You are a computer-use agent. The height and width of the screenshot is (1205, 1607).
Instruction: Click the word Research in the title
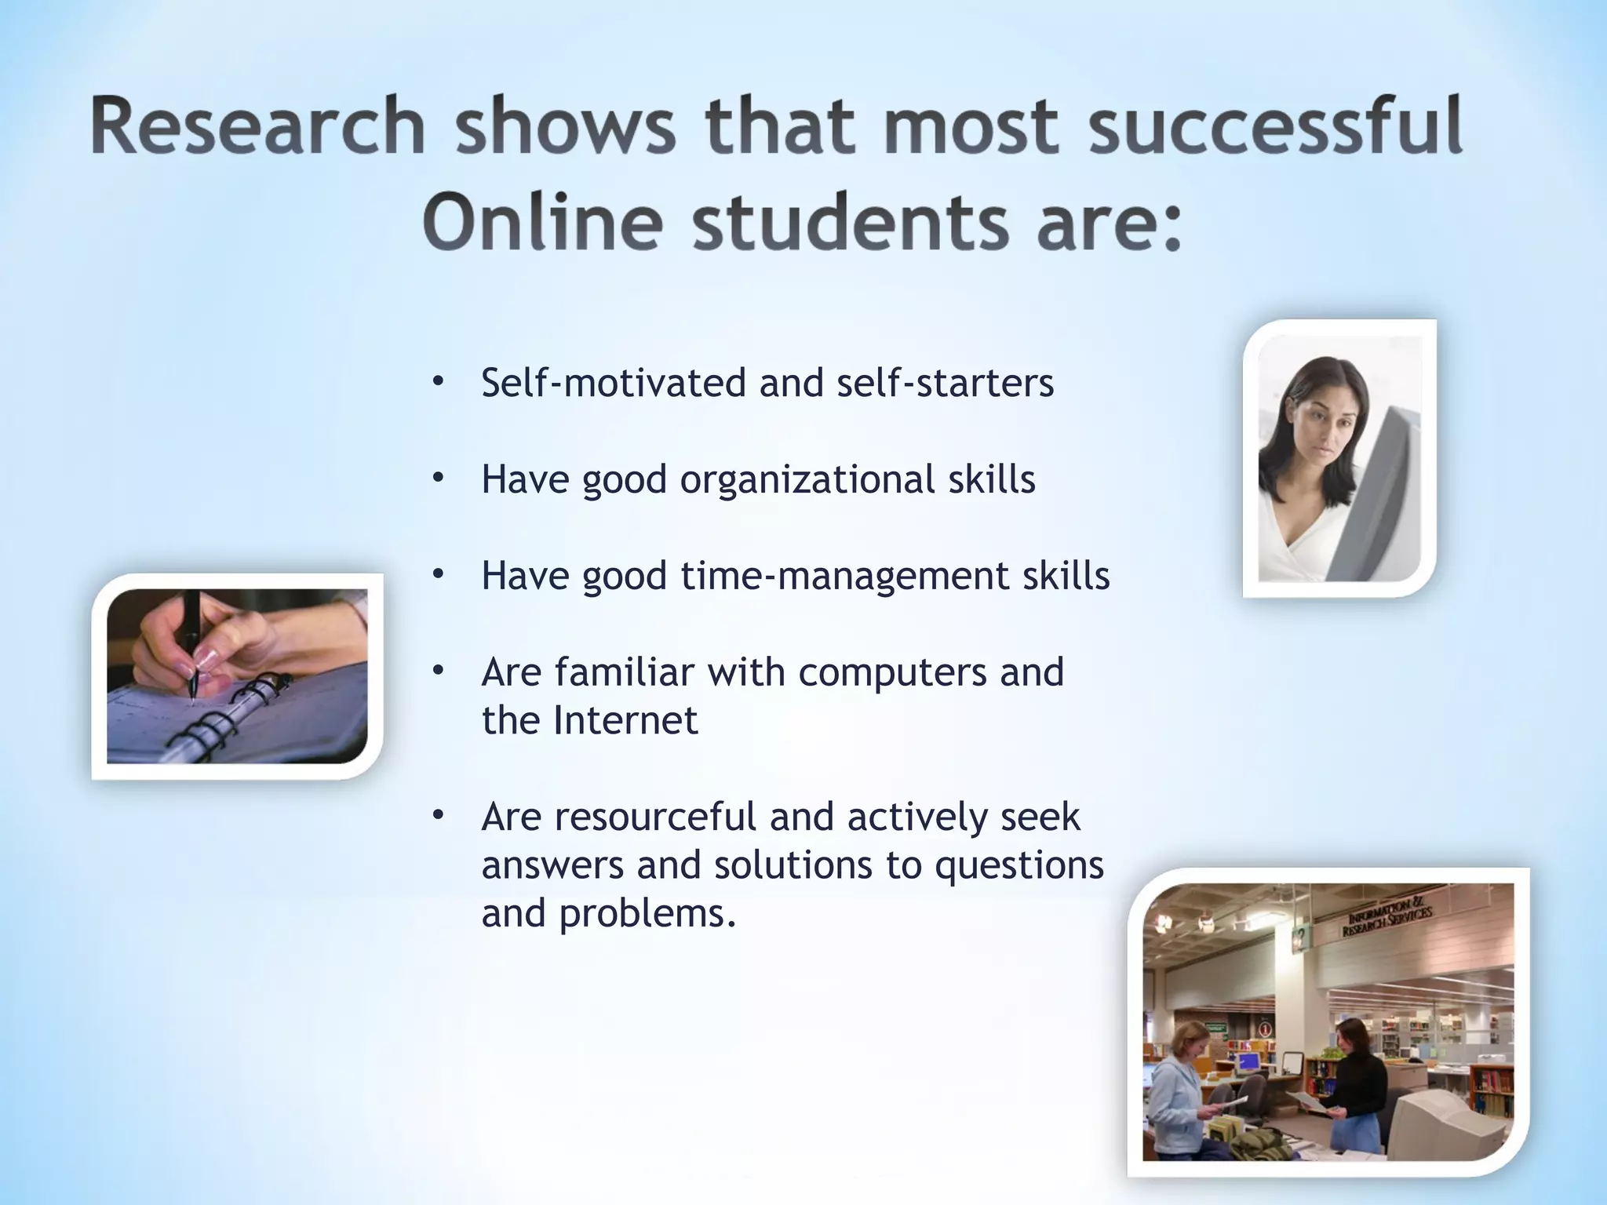point(258,126)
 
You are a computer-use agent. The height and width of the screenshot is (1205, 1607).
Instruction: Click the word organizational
point(807,479)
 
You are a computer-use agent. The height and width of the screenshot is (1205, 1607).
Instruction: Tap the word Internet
point(625,720)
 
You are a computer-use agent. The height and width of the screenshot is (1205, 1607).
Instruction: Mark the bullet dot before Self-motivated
point(438,383)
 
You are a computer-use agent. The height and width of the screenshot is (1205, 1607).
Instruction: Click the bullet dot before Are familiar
point(438,672)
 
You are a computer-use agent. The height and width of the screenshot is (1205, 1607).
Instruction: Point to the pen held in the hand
point(191,643)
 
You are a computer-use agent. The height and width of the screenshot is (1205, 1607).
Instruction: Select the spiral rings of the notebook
point(228,718)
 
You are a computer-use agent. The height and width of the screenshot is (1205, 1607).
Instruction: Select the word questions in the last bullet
point(1019,865)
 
